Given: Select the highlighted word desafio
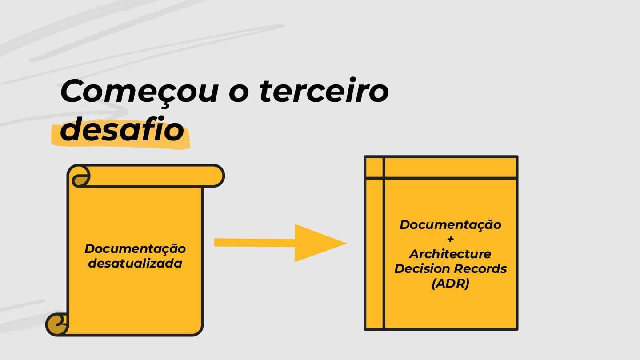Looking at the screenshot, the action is click(122, 130).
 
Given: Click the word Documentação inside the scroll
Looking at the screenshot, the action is click(135, 248).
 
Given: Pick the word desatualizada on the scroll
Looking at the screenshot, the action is click(135, 263).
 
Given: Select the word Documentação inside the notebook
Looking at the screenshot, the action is click(450, 224).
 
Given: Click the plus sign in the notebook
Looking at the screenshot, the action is click(450, 239).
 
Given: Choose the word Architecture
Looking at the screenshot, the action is click(450, 254).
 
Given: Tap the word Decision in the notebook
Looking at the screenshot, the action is click(423, 268).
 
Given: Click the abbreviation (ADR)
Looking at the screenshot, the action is click(450, 284).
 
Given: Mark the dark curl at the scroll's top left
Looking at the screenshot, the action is click(80, 180).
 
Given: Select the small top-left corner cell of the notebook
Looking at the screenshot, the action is click(374, 167).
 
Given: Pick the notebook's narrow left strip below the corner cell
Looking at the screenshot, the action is click(374, 253).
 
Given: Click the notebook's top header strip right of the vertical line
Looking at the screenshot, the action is click(450, 167).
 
